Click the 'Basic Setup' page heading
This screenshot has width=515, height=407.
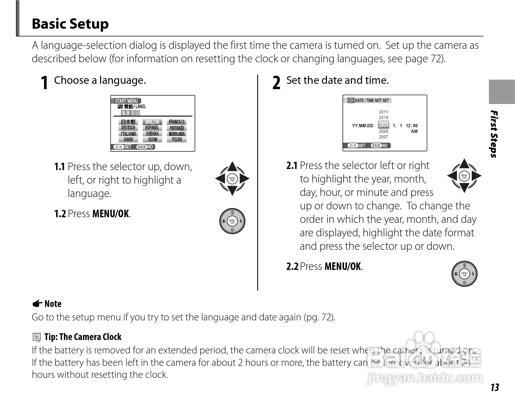(x=70, y=24)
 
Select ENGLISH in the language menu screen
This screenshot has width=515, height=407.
(x=152, y=122)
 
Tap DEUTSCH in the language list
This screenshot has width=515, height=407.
(x=128, y=128)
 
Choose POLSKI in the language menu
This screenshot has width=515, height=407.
(x=177, y=140)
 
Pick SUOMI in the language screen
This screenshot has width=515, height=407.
(x=153, y=140)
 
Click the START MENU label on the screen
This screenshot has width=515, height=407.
(x=126, y=101)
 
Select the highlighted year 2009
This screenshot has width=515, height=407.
(x=383, y=124)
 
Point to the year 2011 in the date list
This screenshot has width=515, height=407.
(x=383, y=112)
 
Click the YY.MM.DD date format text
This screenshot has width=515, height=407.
(x=362, y=126)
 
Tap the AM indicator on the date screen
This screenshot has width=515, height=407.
(x=414, y=131)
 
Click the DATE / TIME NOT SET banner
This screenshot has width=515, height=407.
(x=372, y=101)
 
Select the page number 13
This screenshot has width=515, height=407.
(x=495, y=387)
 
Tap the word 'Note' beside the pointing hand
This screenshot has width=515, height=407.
(x=53, y=304)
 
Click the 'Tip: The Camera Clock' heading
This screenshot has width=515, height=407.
(x=83, y=337)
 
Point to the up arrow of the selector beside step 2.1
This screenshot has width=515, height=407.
(x=464, y=163)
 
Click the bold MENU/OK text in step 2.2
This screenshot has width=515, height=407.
(x=342, y=266)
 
